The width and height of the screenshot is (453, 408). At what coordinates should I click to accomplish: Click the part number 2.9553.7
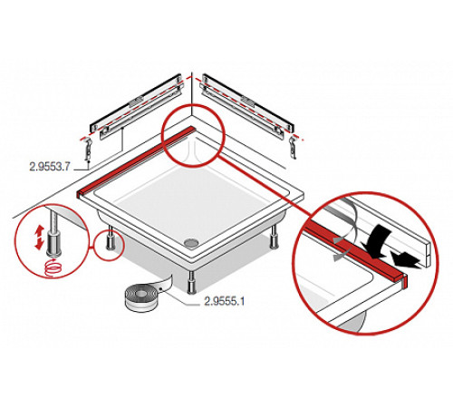50,167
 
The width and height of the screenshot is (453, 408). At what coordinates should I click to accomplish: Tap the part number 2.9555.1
224,301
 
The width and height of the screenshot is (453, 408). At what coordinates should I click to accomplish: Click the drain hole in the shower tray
190,242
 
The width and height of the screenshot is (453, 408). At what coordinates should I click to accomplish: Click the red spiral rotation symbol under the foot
53,267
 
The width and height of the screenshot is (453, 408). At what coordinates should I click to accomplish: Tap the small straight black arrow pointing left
405,259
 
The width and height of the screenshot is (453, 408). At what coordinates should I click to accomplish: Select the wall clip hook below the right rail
293,147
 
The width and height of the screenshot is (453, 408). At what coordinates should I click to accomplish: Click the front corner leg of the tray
191,282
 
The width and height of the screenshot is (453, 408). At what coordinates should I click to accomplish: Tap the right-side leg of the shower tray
275,238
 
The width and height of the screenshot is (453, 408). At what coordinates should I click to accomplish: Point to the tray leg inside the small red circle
110,239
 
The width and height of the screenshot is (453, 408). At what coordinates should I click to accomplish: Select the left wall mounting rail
137,106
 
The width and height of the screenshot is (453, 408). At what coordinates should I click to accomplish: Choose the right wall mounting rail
247,106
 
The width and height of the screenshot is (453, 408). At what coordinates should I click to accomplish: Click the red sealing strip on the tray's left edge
136,161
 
